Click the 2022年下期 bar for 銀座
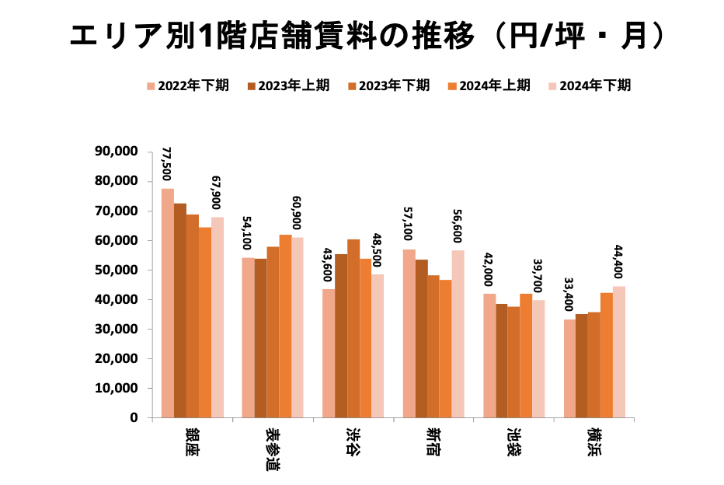[x=168, y=303]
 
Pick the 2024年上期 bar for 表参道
[x=285, y=326]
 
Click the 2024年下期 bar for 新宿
[x=458, y=334]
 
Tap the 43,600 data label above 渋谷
[x=329, y=267]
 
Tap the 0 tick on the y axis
[x=134, y=417]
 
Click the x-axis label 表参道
[x=273, y=448]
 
